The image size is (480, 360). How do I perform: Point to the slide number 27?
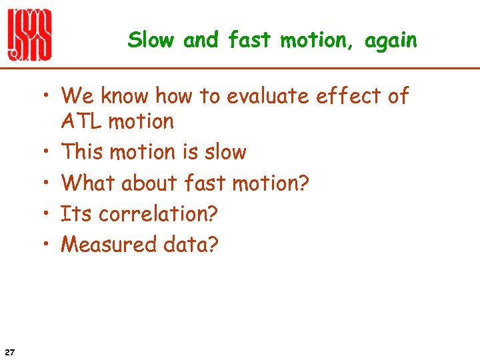(10, 351)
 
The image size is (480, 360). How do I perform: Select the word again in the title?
(391, 41)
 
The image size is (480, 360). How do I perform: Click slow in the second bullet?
(224, 152)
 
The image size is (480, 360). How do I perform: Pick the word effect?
(351, 97)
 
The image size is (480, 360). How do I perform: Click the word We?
(77, 97)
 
